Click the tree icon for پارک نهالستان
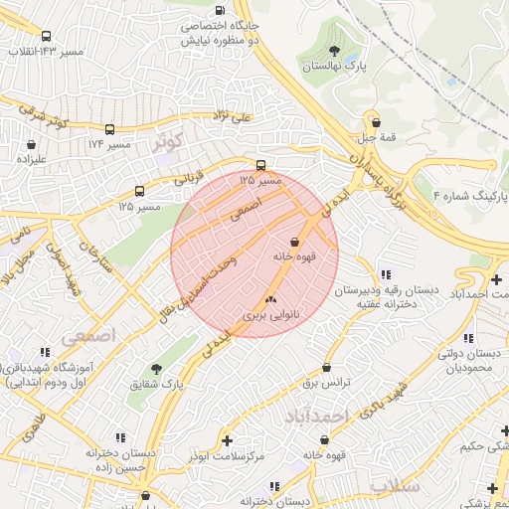(x=333, y=52)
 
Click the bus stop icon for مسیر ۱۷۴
(x=109, y=129)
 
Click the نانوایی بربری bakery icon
(x=269, y=298)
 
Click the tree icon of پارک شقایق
(x=156, y=368)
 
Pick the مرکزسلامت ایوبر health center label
(x=229, y=454)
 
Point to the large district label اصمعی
(x=88, y=336)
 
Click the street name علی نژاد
(x=235, y=115)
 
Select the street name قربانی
(x=188, y=178)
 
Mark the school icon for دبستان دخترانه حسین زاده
(x=120, y=437)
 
